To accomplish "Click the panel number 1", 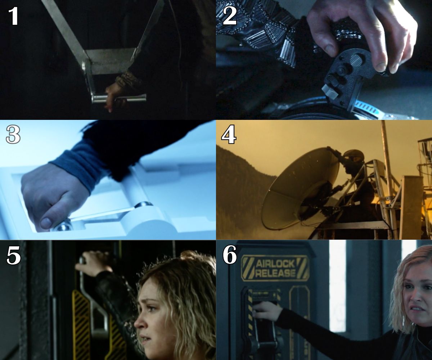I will pos(13,16).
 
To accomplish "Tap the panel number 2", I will pos(229,16).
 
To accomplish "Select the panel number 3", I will pos(13,136).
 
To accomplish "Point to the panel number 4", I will pos(229,136).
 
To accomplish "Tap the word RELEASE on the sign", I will pos(275,273).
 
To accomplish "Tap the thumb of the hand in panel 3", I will pos(49,221).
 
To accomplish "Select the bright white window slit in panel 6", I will pos(337,284).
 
